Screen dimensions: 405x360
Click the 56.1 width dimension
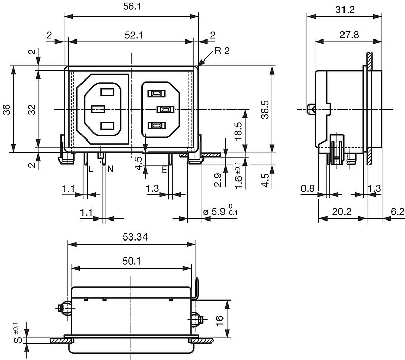pos(132,6)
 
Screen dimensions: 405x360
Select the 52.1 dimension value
pos(133,35)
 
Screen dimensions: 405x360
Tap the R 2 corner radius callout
pos(222,51)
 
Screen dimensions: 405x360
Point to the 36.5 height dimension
pos(265,110)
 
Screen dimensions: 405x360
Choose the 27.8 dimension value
pos(349,35)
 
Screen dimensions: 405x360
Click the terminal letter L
pos(91,169)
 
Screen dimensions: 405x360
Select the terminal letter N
pos(110,169)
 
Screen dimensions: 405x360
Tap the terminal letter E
pos(164,170)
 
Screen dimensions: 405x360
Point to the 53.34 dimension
pos(135,237)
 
